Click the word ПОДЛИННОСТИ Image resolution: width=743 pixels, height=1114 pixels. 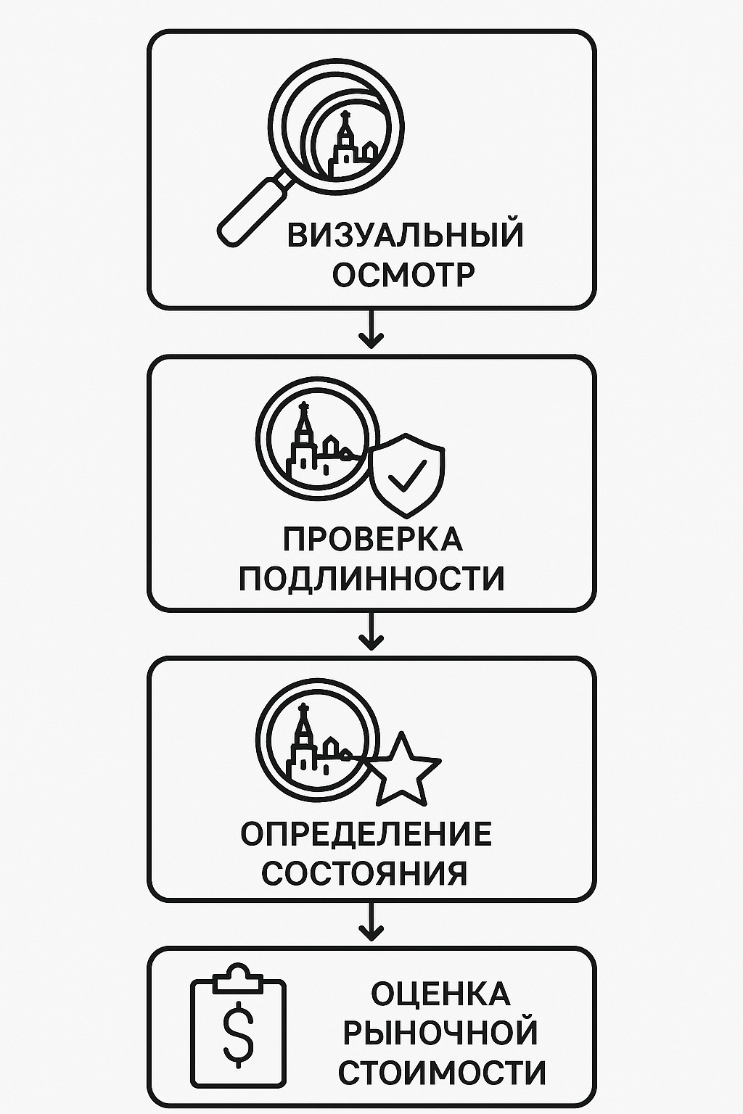[x=371, y=578]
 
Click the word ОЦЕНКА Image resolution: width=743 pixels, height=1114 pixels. [x=441, y=994]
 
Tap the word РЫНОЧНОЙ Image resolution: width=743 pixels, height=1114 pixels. [x=440, y=1033]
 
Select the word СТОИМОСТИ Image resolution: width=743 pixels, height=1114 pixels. [x=442, y=1072]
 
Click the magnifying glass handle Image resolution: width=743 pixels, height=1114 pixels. [x=254, y=209]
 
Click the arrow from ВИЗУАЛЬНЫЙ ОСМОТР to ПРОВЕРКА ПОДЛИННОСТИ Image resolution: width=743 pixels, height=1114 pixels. [x=371, y=329]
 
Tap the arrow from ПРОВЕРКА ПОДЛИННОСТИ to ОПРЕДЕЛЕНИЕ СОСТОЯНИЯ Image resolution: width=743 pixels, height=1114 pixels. [x=371, y=630]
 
